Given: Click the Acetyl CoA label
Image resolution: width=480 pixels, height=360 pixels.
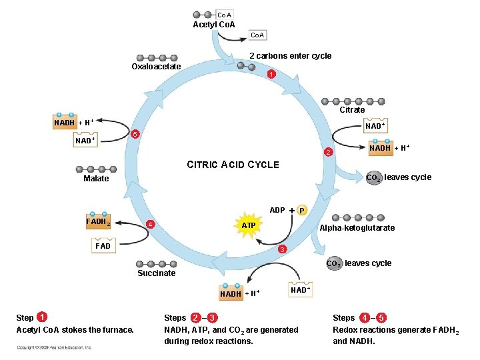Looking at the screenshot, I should click(213, 25).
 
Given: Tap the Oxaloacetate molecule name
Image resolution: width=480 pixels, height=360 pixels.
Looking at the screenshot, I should click(156, 67).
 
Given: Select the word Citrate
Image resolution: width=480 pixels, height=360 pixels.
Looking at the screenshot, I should click(352, 110).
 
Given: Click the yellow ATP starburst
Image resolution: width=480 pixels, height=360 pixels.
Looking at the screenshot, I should click(248, 226).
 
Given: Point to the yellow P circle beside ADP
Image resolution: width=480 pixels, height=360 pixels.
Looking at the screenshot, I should click(302, 211).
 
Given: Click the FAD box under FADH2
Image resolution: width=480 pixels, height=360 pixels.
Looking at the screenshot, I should click(103, 246).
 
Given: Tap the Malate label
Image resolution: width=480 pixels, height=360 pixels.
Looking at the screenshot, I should click(96, 179).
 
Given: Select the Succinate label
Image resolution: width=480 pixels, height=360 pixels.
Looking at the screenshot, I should click(156, 273).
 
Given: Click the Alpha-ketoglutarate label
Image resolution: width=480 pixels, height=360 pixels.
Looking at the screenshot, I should click(357, 228).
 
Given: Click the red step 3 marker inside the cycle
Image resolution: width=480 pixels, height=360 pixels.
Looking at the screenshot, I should click(282, 249).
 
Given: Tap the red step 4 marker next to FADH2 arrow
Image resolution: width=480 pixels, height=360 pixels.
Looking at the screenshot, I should click(151, 224).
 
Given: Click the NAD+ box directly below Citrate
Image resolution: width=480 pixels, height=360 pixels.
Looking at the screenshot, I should click(374, 126).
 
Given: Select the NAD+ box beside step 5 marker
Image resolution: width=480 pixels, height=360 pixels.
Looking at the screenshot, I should click(85, 141).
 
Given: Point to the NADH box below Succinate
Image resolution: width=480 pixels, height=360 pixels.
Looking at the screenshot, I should click(231, 294).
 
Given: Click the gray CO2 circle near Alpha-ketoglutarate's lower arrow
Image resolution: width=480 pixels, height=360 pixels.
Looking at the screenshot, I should click(333, 264).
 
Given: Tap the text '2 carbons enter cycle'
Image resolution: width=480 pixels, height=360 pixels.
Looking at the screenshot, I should click(290, 56).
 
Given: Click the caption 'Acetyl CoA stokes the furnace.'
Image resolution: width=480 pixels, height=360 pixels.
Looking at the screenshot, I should click(75, 330).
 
